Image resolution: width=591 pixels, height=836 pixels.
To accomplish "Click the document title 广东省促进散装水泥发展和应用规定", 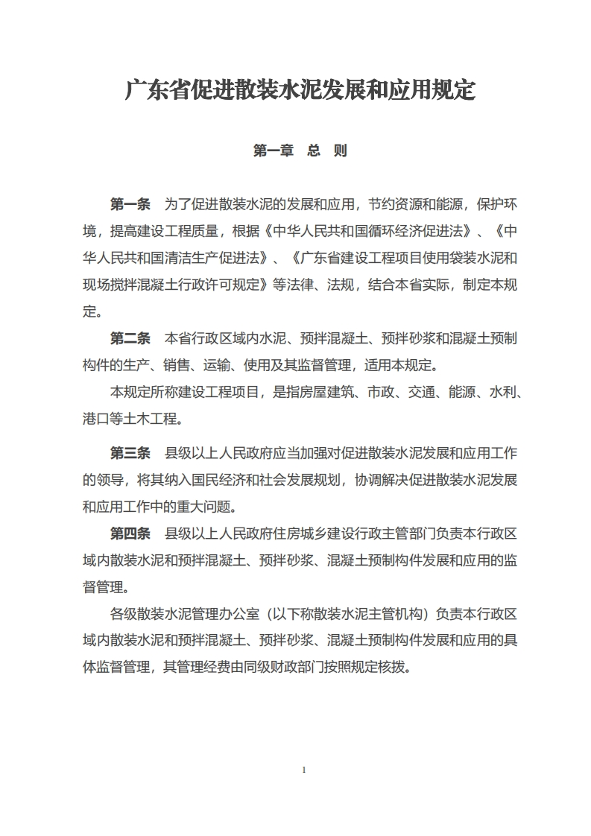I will tap(300, 92).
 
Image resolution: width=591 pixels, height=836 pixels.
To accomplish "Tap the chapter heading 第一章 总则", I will tap(300, 151).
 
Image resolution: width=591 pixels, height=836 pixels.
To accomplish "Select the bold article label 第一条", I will tap(130, 204).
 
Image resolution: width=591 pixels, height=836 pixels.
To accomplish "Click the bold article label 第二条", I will tap(130, 338).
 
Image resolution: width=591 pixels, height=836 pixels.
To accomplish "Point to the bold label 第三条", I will tap(130, 453).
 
